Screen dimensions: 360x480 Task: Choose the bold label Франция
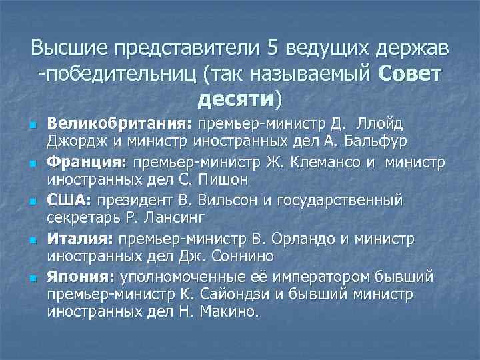tap(89, 162)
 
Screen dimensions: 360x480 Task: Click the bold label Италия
tap(79, 238)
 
